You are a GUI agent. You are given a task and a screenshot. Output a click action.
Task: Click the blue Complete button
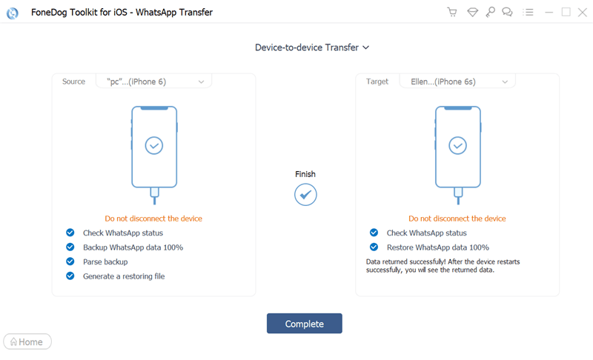(305, 324)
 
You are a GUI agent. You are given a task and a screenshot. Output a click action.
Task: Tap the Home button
(27, 341)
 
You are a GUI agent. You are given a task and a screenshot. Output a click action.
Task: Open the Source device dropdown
(154, 81)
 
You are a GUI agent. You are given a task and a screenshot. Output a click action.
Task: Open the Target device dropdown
(457, 81)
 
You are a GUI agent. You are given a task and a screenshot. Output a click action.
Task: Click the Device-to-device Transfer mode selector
(312, 47)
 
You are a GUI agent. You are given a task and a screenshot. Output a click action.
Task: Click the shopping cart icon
(452, 12)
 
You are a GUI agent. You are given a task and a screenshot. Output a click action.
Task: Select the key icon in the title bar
(491, 12)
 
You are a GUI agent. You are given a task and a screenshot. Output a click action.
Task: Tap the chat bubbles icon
(507, 12)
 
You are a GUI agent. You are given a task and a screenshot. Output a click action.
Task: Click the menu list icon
(528, 12)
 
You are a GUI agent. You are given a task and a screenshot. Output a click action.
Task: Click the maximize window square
(566, 12)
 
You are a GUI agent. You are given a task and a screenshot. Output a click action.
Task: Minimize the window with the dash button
(549, 13)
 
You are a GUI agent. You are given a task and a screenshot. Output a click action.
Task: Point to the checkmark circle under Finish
(305, 195)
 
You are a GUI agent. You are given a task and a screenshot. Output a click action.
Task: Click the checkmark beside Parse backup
(70, 261)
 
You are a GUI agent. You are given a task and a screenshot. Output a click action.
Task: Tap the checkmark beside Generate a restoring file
(70, 276)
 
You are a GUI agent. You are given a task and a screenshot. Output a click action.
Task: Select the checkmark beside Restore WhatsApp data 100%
(374, 247)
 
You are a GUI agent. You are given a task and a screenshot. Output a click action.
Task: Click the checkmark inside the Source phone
(154, 145)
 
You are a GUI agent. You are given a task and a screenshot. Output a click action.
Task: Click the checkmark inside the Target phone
(457, 145)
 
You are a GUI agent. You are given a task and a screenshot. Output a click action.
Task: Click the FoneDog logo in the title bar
(13, 13)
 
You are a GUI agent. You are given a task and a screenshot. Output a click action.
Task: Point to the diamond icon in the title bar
(472, 13)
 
